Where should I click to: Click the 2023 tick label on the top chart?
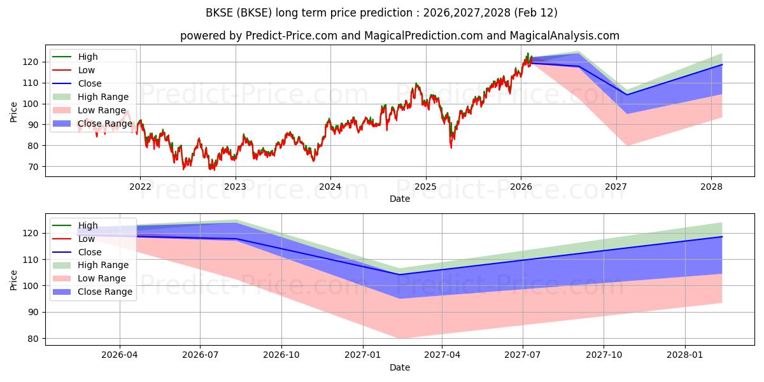point(235,187)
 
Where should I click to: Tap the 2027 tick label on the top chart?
point(616,187)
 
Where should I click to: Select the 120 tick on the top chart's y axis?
point(31,62)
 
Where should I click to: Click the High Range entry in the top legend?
point(103,97)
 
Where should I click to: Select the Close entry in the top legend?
point(90,83)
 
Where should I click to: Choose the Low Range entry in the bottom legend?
point(102,278)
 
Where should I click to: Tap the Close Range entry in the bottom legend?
point(105,292)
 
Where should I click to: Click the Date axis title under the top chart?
point(400,199)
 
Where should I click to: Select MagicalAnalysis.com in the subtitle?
point(565,36)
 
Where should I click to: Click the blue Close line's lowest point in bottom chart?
point(399,274)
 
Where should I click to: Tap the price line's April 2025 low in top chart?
point(451,148)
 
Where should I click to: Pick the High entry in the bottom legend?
point(88,225)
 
